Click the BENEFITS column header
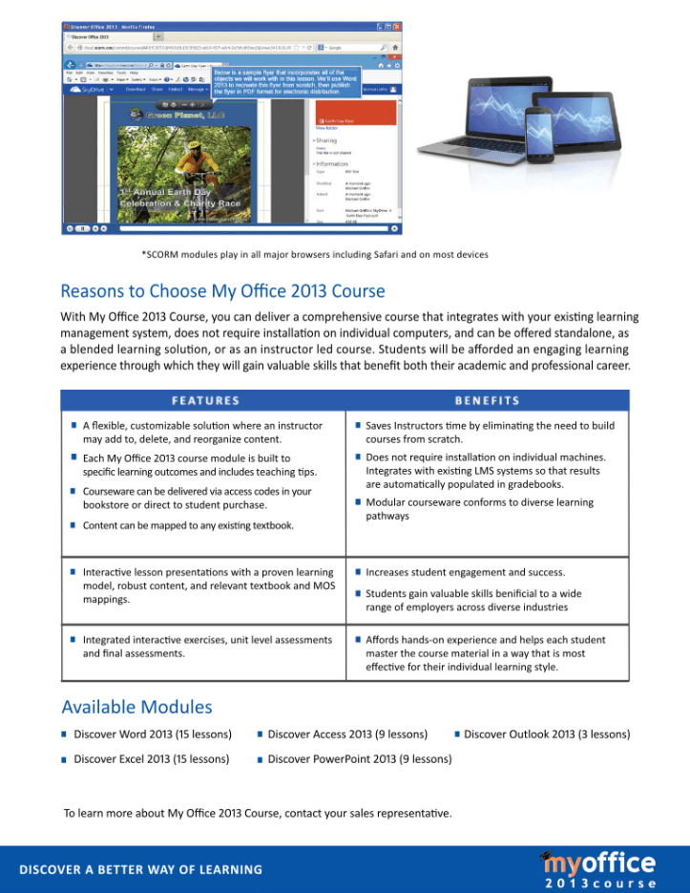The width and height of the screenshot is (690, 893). pyautogui.click(x=487, y=401)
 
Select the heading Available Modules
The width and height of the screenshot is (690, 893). pyautogui.click(x=136, y=708)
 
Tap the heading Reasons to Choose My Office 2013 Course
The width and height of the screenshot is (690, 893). pyautogui.click(x=222, y=290)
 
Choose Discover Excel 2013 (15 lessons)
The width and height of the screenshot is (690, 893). pyautogui.click(x=152, y=759)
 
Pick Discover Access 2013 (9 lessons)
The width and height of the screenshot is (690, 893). pyautogui.click(x=347, y=734)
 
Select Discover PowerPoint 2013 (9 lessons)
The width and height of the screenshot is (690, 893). pyautogui.click(x=360, y=759)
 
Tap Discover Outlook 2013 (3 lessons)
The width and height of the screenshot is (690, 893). pyautogui.click(x=547, y=734)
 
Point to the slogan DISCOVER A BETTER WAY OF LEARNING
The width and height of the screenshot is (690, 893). pyautogui.click(x=141, y=870)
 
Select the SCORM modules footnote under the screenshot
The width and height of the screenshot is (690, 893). pyautogui.click(x=315, y=255)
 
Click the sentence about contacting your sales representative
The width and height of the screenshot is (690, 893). pyautogui.click(x=258, y=814)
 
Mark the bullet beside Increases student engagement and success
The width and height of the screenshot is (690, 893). pyautogui.click(x=357, y=572)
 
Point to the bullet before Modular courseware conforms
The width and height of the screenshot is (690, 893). pyautogui.click(x=357, y=502)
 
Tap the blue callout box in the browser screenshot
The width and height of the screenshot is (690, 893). pyautogui.click(x=285, y=80)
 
